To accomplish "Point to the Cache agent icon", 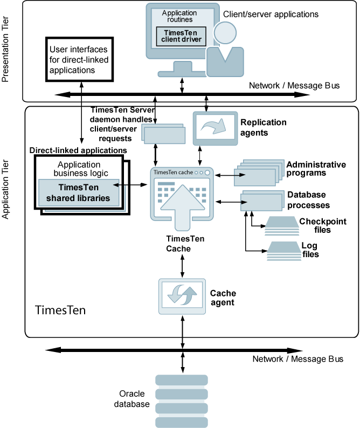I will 181,296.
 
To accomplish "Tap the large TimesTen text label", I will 60,310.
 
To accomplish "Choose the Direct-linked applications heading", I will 78,150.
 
